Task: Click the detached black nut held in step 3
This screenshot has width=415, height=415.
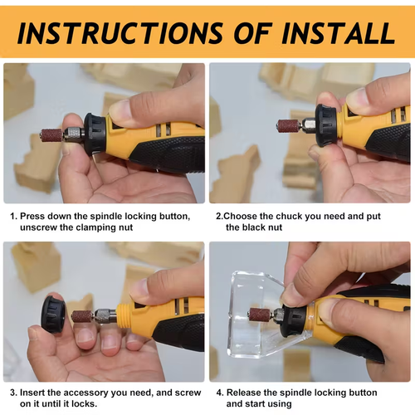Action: click(x=55, y=313)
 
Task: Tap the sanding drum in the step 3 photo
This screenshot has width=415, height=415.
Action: click(x=82, y=315)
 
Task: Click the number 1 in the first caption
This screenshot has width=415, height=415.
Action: click(x=12, y=216)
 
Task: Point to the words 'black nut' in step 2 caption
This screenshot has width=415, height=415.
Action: click(x=261, y=227)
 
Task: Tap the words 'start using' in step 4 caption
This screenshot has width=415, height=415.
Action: click(x=270, y=403)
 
